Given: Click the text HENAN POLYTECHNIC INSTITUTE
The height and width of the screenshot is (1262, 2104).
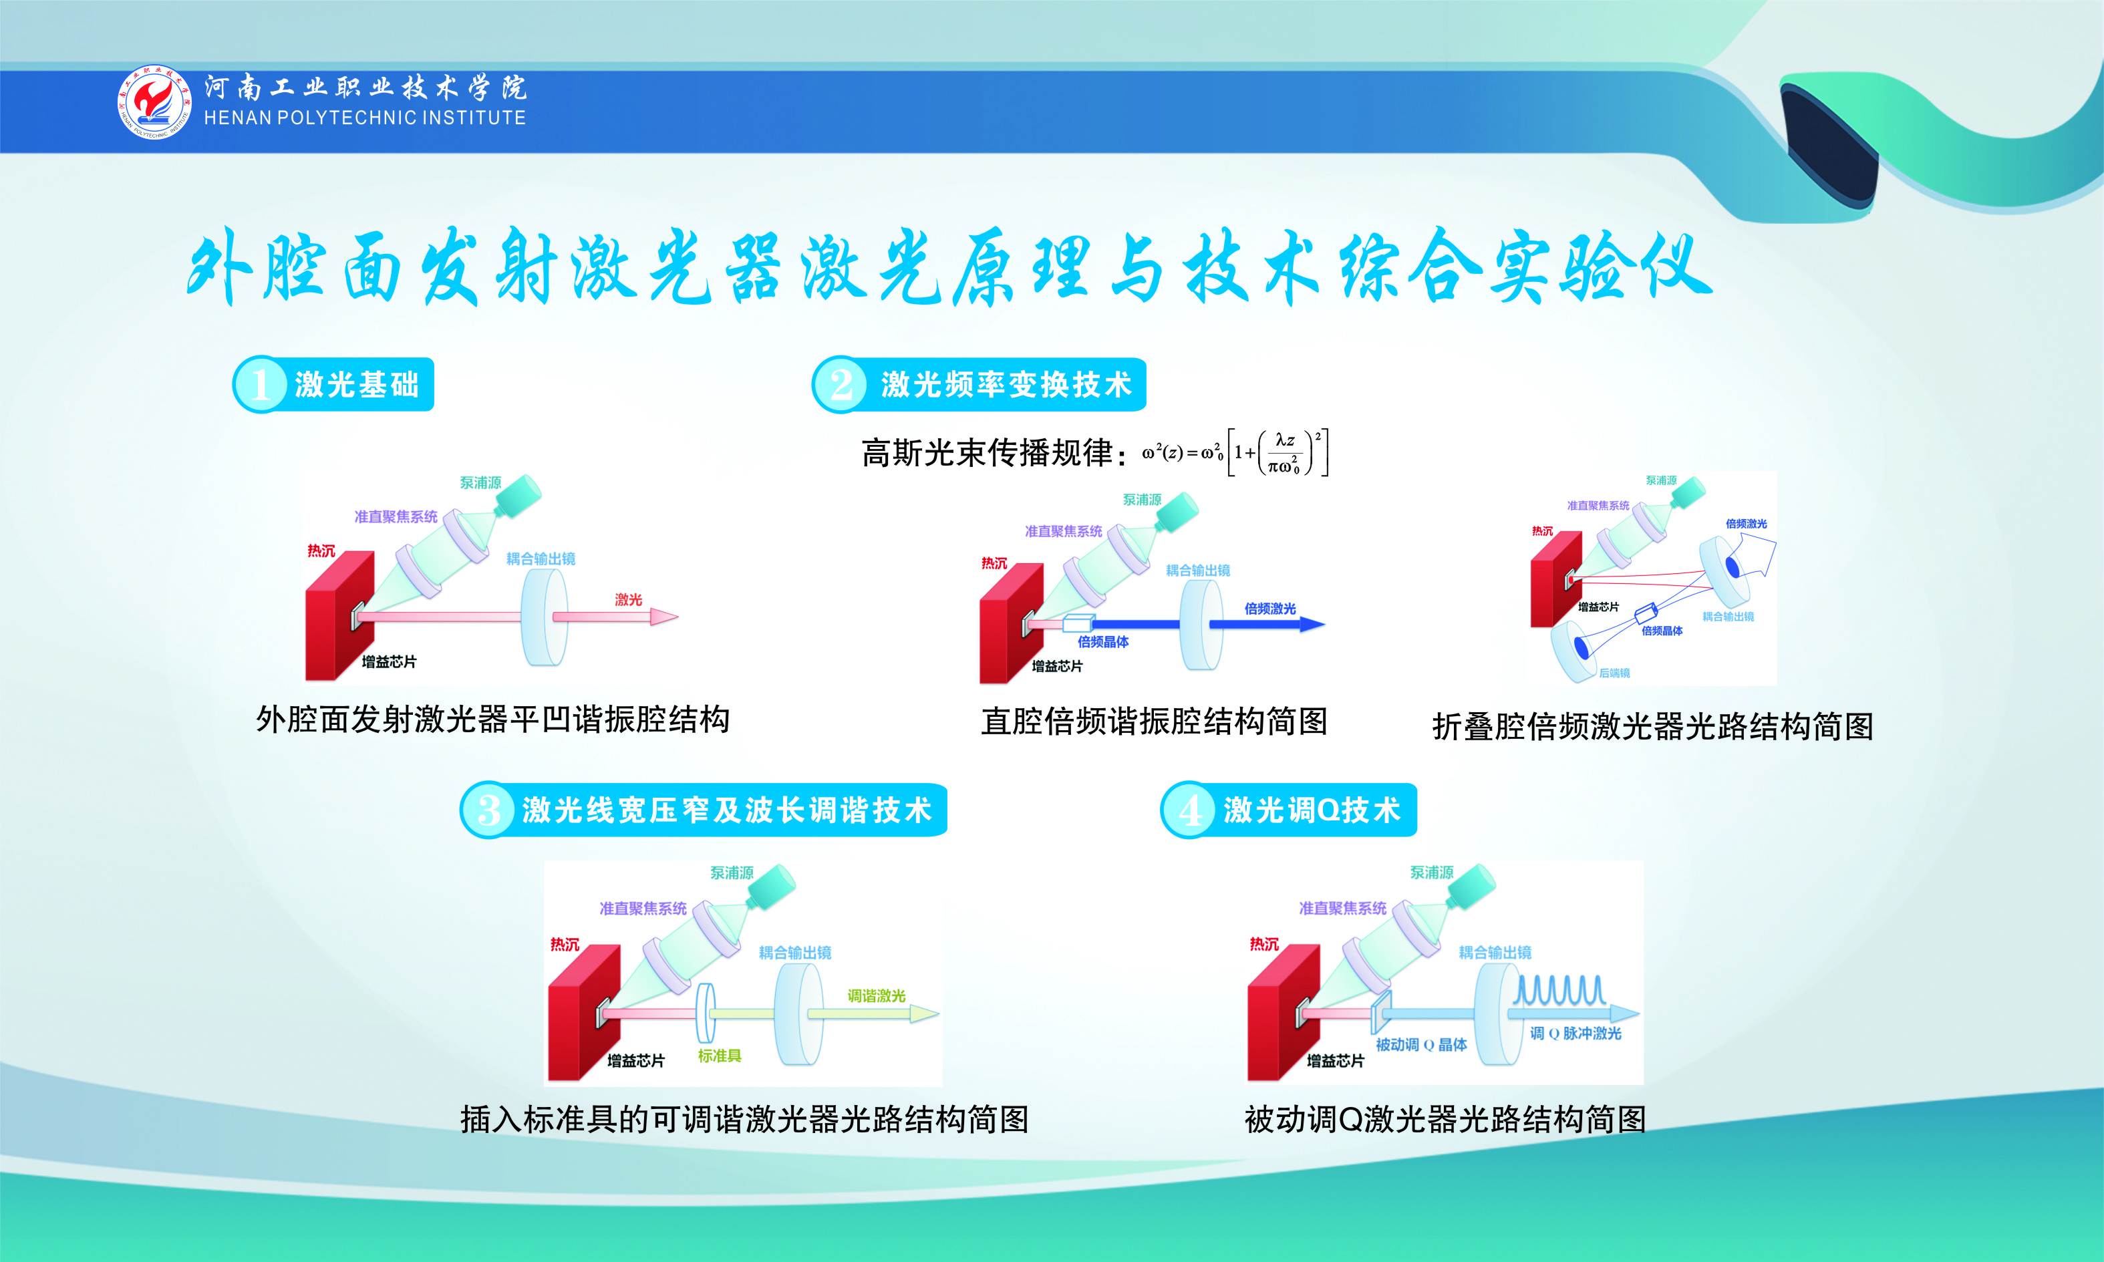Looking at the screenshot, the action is (365, 118).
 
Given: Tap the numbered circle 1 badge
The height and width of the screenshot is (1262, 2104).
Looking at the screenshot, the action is (260, 384).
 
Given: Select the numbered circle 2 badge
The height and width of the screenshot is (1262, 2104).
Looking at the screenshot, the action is (841, 384).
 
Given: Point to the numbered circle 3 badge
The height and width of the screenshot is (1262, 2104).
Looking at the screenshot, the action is (488, 810).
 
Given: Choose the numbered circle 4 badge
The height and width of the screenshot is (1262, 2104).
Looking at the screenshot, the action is (1189, 810).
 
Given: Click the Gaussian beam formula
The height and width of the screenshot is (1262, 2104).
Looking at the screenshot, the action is (1235, 452).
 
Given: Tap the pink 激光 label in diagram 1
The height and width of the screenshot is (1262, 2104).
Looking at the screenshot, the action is (629, 599).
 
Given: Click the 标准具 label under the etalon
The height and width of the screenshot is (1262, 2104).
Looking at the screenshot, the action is (720, 1056).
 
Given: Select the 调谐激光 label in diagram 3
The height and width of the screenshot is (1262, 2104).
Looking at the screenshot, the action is (877, 996).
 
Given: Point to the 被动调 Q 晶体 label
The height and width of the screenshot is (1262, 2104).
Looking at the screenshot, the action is (1421, 1044).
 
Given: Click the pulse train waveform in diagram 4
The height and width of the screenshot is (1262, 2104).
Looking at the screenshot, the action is (1559, 991).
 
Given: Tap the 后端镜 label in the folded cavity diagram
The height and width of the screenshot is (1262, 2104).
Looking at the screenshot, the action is (1614, 673).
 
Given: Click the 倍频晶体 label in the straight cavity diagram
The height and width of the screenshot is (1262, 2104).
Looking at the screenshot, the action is (1103, 642).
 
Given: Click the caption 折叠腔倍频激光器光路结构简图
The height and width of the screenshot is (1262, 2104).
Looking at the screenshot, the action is (1652, 726).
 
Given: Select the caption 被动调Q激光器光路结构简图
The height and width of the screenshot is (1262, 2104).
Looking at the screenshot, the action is (1445, 1119).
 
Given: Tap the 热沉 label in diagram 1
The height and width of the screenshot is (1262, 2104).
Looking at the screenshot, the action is (321, 551).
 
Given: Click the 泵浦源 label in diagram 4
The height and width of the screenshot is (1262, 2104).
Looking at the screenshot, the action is (1432, 873).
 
